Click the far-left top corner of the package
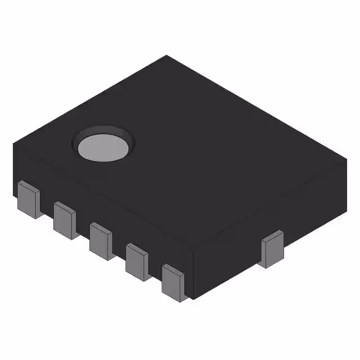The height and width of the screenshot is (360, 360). point(14,145)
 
